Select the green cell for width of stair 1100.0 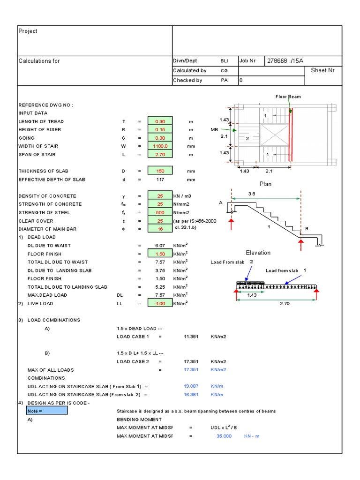tap(160, 146)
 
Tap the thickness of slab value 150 tap(160, 171)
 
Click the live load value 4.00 tap(160, 304)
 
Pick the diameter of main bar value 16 tap(160, 229)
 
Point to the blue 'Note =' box tap(47, 411)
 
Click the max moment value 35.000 tap(224, 436)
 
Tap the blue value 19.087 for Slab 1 tap(191, 386)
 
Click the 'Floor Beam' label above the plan tap(288, 97)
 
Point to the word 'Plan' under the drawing tap(266, 184)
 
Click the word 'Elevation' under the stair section tap(258, 253)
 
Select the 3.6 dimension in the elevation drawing tap(264, 193)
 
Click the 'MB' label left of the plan tap(215, 129)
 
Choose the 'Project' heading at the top tap(28, 31)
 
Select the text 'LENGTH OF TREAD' tap(41, 121)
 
